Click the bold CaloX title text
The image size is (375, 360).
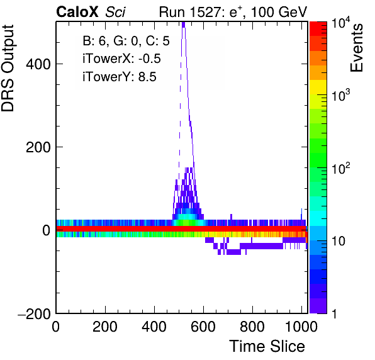pos(77,12)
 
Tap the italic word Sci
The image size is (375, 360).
pos(115,12)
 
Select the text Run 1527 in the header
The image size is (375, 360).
pos(191,12)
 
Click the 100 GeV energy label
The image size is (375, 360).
pos(279,12)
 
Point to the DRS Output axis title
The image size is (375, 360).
pos(8,69)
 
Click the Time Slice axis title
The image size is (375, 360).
pos(267,346)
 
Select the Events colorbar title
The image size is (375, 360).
pos(357,48)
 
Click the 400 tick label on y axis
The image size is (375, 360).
pos(38,64)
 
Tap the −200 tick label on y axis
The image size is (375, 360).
pos(34,313)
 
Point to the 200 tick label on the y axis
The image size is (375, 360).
pos(38,147)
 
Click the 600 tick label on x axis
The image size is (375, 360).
pos(203,326)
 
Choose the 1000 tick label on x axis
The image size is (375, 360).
pos(302,326)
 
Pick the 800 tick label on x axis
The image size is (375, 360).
pos(252,326)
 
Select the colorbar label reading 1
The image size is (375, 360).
pos(334,313)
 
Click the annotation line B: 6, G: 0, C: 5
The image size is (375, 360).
pos(126,41)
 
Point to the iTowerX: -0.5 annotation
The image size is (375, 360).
pos(121,59)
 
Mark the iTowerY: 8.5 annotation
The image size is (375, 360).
pos(120,77)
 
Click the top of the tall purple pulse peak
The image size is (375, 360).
pos(184,23)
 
